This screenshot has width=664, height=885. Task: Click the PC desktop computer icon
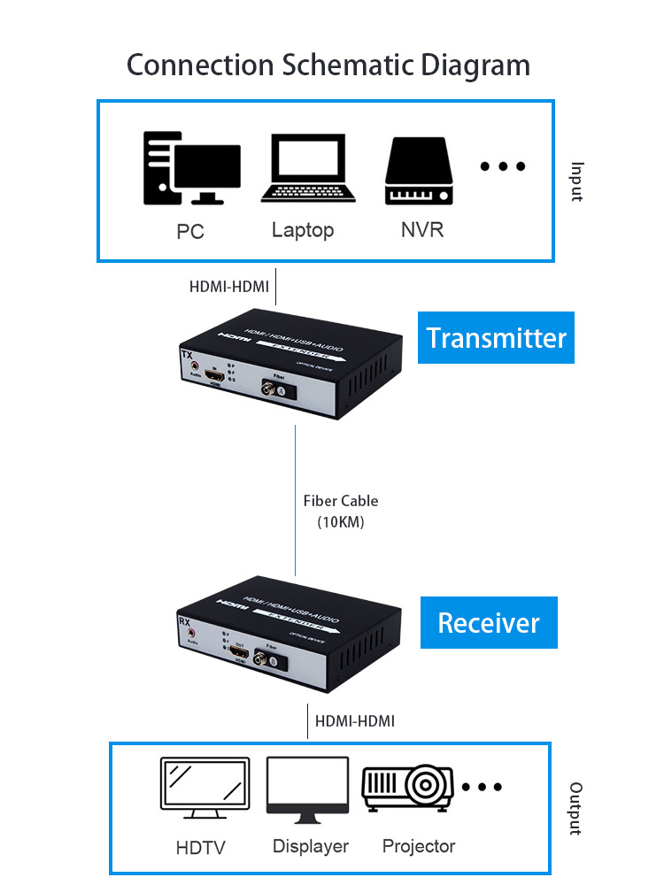coord(191,167)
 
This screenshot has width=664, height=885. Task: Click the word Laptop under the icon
coord(303,230)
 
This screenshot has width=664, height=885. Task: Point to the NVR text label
coord(422,230)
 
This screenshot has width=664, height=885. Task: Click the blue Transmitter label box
coord(496,337)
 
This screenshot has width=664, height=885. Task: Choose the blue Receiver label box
coord(489,622)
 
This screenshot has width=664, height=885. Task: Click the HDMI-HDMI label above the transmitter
coord(229,287)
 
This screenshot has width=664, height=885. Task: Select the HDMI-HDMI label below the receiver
coord(355,721)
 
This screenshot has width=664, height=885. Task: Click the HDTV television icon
coord(205,783)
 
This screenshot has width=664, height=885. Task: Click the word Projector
coord(419,846)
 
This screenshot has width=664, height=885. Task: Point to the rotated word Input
coord(577,181)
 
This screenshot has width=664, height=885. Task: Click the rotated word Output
coord(576,808)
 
